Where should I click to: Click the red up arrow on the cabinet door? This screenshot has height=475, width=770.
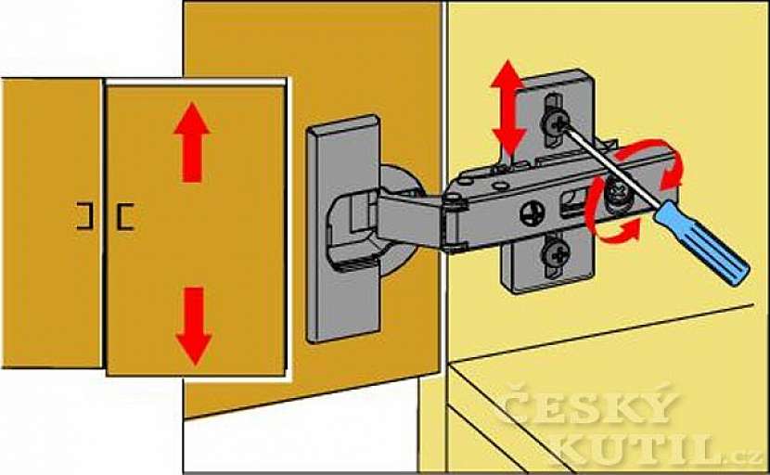click(192, 143)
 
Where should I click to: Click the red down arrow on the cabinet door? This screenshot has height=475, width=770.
click(194, 326)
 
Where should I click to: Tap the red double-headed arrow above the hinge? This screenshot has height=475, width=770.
click(508, 108)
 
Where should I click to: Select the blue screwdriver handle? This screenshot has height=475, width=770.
click(702, 242)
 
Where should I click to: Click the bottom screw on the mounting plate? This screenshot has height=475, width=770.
click(555, 253)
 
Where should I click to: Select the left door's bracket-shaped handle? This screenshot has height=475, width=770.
click(84, 216)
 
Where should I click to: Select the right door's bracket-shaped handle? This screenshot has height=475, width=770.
click(124, 216)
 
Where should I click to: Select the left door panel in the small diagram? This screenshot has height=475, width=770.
click(52, 223)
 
